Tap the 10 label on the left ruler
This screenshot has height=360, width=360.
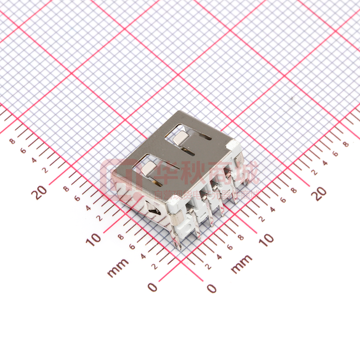[95, 239]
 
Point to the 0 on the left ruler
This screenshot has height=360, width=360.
[152, 287]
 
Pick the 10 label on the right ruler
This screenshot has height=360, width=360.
[266, 239]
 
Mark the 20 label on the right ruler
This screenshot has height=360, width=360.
[320, 194]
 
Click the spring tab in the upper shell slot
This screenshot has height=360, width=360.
[181, 138]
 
